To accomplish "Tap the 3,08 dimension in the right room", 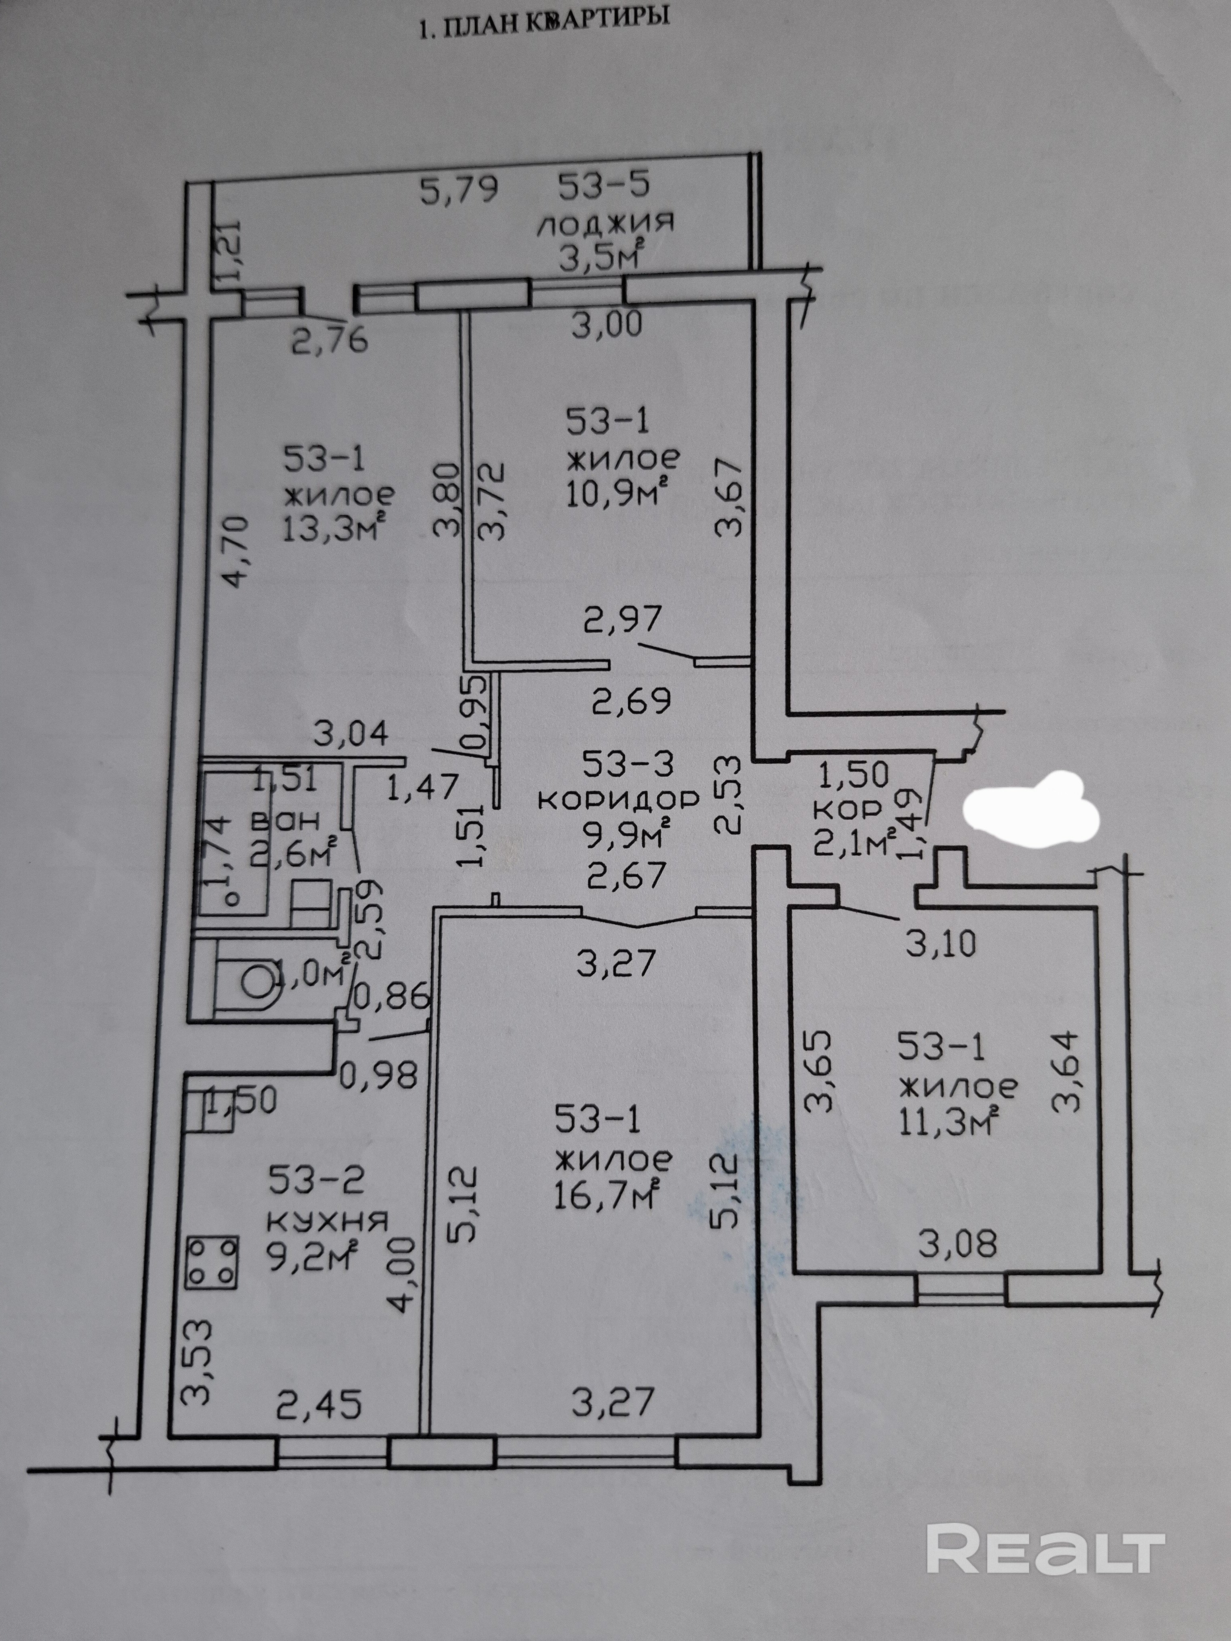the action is point(957,1243).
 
